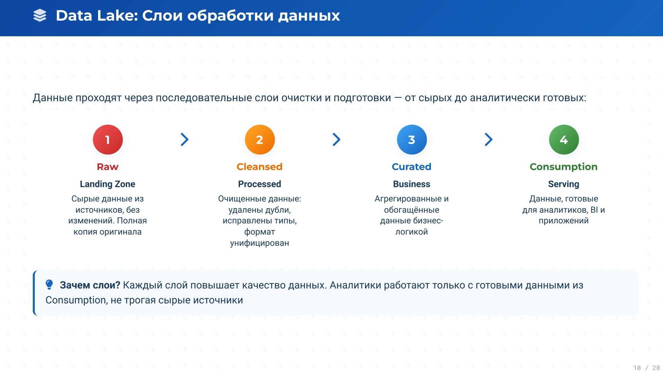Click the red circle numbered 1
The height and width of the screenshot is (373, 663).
pos(108,140)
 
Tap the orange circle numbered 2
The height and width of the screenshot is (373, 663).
pos(260,140)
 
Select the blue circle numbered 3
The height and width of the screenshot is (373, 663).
pos(412,140)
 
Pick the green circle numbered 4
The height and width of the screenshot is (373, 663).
pos(564,140)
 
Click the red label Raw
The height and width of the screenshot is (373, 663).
pos(108,167)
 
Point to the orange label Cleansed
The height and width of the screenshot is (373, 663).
pos(260,167)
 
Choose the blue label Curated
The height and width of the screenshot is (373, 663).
pos(412,167)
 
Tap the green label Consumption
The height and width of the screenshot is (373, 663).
pos(564,167)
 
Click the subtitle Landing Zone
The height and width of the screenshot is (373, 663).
pos(108,184)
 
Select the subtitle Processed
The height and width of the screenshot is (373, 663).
pos(260,184)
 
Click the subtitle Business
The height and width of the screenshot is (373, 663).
pos(412,184)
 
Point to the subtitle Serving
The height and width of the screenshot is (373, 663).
pos(564,184)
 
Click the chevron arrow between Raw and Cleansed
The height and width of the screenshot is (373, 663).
pos(185,140)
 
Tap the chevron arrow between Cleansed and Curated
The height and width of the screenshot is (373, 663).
pos(337,140)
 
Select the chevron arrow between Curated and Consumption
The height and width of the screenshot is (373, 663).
pos(489,140)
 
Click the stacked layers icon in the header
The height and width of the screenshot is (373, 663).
pos(40,16)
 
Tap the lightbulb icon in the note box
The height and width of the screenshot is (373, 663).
pos(49,285)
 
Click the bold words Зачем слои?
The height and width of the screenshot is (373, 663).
pos(90,285)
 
